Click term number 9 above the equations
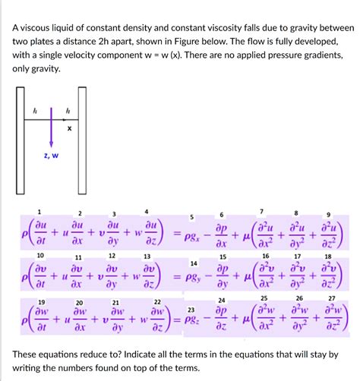(x=328, y=215)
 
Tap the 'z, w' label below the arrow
(x=51, y=156)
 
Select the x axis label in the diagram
(x=69, y=128)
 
